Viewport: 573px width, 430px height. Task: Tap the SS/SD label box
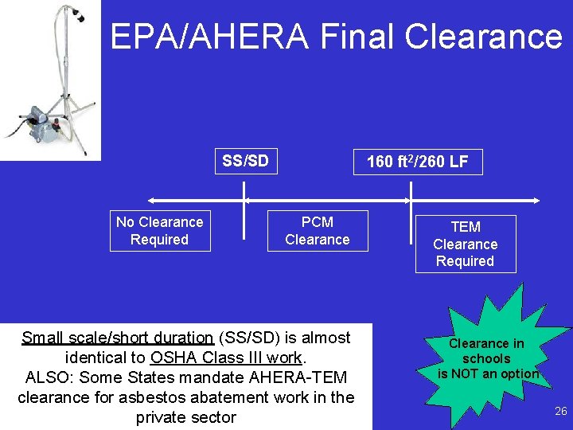[x=245, y=162]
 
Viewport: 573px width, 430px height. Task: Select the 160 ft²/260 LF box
[x=418, y=162]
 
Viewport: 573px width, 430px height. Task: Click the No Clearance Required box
[x=160, y=231]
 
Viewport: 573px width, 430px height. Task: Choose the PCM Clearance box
[x=317, y=231]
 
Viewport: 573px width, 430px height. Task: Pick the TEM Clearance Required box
[x=466, y=244]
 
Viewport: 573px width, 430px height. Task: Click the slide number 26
[x=560, y=412]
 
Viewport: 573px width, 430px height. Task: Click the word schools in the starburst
[x=486, y=358]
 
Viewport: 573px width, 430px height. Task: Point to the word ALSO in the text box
[x=49, y=377]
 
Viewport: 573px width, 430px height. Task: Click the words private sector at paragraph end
[x=186, y=417]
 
